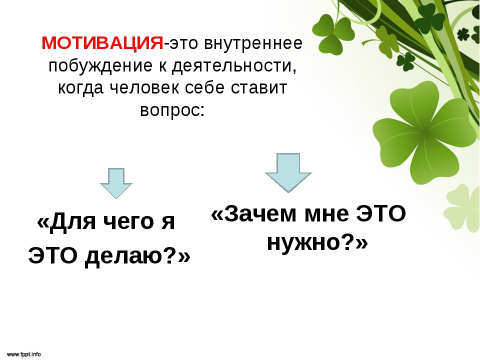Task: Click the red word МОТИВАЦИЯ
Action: (102, 43)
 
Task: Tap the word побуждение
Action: (100, 66)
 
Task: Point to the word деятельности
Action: (234, 66)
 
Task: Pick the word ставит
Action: (258, 88)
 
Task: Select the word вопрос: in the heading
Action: (172, 110)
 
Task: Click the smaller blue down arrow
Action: (116, 183)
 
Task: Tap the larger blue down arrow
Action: (288, 172)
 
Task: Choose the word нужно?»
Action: (317, 242)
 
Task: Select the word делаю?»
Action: (137, 255)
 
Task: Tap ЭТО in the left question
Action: (53, 255)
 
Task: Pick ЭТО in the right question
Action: (381, 213)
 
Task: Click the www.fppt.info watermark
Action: (23, 354)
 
